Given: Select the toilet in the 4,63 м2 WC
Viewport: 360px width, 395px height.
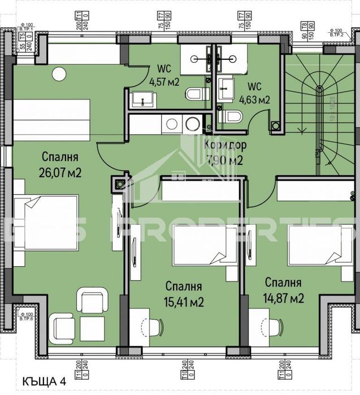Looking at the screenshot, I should [x=232, y=117].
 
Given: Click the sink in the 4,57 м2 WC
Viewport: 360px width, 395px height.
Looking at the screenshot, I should [x=143, y=101].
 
